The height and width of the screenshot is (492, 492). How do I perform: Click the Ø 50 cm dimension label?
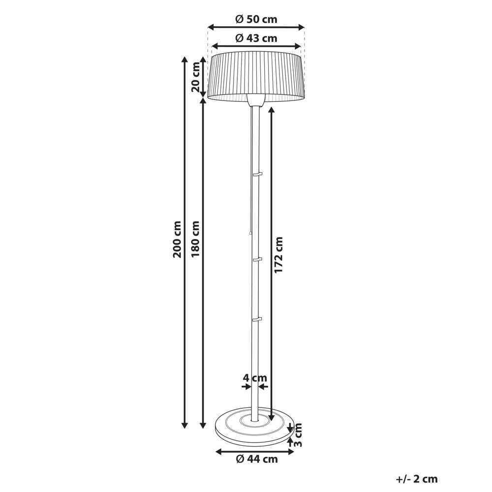(x=256, y=19)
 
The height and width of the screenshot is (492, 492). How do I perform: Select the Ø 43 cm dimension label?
(x=256, y=38)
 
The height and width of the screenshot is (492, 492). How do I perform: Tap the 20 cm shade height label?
(x=196, y=77)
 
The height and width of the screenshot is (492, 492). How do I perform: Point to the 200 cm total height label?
(x=177, y=239)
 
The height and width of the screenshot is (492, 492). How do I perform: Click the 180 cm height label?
(x=195, y=239)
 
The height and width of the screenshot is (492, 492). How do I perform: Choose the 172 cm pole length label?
(x=279, y=255)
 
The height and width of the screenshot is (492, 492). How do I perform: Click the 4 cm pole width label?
(x=255, y=378)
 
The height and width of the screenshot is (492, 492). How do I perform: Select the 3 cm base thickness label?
(x=298, y=434)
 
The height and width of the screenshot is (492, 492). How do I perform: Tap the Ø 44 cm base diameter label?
(x=256, y=459)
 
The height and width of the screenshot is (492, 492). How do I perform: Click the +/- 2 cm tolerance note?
(x=416, y=479)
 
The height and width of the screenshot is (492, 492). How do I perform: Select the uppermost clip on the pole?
(x=257, y=174)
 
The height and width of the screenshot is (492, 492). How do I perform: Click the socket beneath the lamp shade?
(x=255, y=101)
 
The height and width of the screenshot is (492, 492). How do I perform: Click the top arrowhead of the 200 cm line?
(x=184, y=59)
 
